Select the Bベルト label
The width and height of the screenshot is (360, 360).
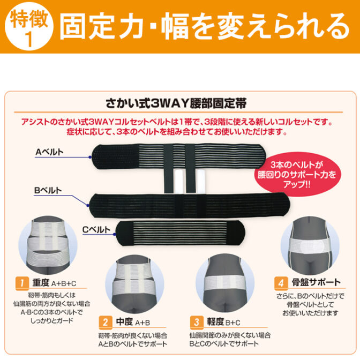tap(48, 190)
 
